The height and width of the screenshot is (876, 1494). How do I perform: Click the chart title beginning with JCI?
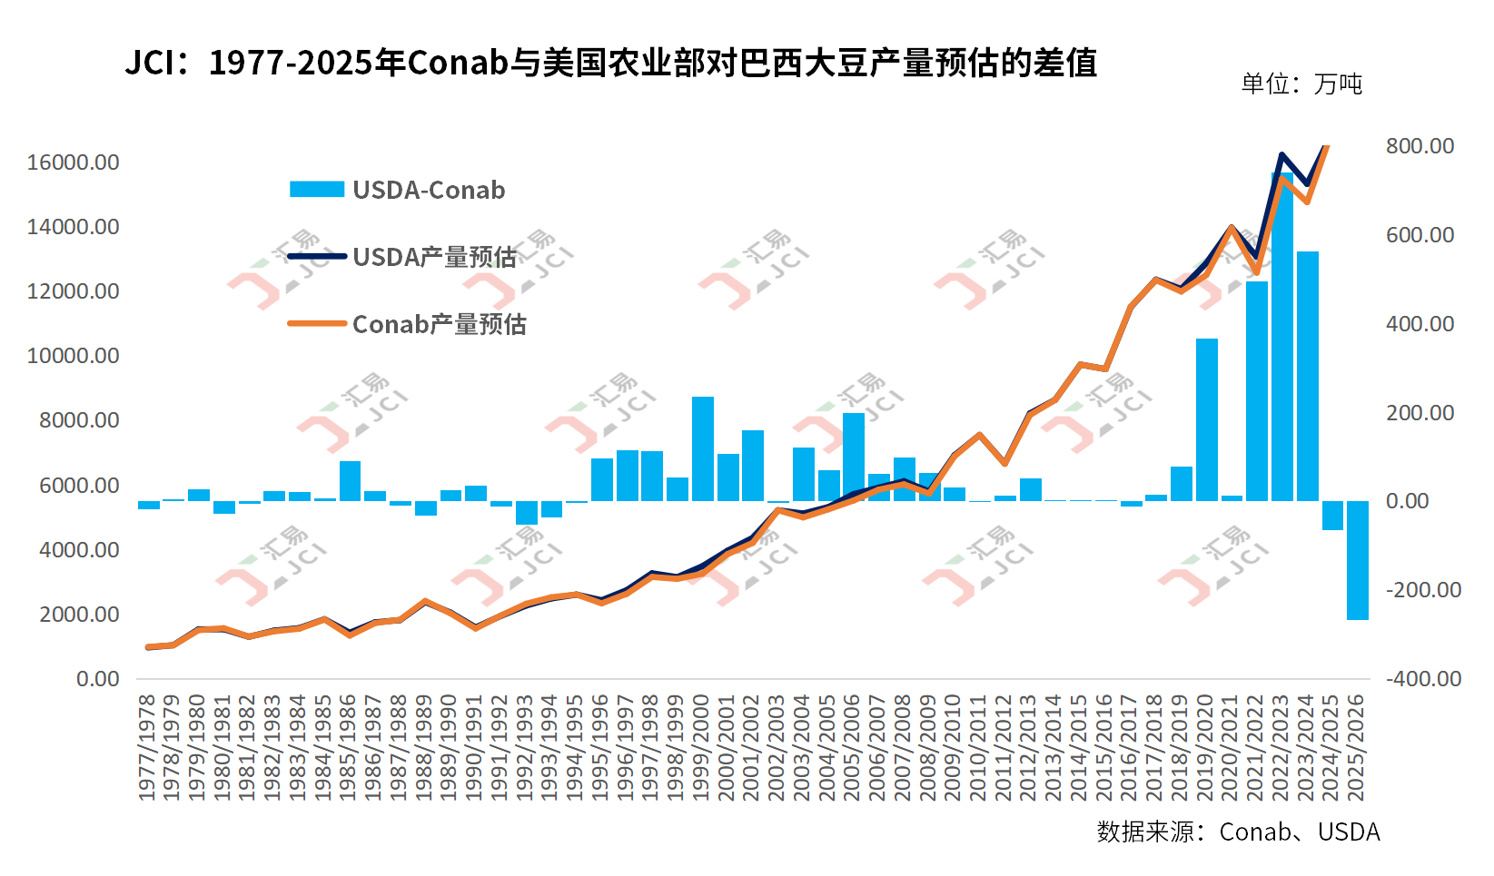[610, 64]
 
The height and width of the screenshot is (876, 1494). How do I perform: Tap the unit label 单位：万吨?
[1301, 84]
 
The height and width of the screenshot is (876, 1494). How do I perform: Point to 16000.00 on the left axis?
[73, 162]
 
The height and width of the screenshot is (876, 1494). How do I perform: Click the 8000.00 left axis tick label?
[78, 420]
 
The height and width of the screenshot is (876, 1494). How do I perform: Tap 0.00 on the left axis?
[97, 679]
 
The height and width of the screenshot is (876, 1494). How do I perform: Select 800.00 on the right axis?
[1420, 146]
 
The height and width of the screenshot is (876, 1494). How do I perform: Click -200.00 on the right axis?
[1423, 590]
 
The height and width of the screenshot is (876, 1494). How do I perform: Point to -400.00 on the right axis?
[1423, 679]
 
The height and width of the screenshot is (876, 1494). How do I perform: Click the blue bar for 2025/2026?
[1357, 560]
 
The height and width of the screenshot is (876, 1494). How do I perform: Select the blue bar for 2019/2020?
[1206, 419]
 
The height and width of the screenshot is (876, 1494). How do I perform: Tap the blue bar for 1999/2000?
[703, 448]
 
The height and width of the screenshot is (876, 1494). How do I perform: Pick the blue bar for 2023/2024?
[1307, 376]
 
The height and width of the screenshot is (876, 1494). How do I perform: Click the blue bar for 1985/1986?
[351, 481]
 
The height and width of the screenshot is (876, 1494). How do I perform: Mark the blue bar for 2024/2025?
[1331, 516]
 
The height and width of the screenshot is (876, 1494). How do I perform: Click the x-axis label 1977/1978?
[148, 748]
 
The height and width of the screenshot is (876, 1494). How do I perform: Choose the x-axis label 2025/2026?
[1356, 748]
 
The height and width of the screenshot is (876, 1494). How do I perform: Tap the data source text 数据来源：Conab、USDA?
[1238, 832]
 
